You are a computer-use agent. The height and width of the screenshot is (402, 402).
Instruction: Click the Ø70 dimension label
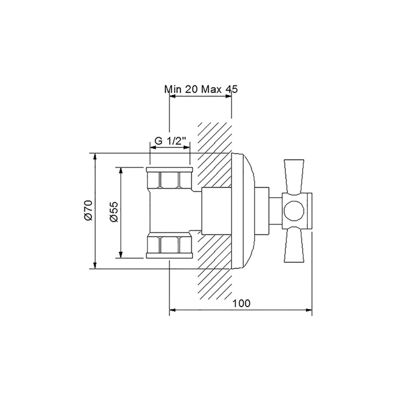pyautogui.click(x=87, y=211)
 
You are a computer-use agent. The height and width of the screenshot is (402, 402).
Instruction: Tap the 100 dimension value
pyautogui.click(x=242, y=304)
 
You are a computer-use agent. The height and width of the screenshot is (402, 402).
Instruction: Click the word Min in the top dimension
pyautogui.click(x=173, y=89)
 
